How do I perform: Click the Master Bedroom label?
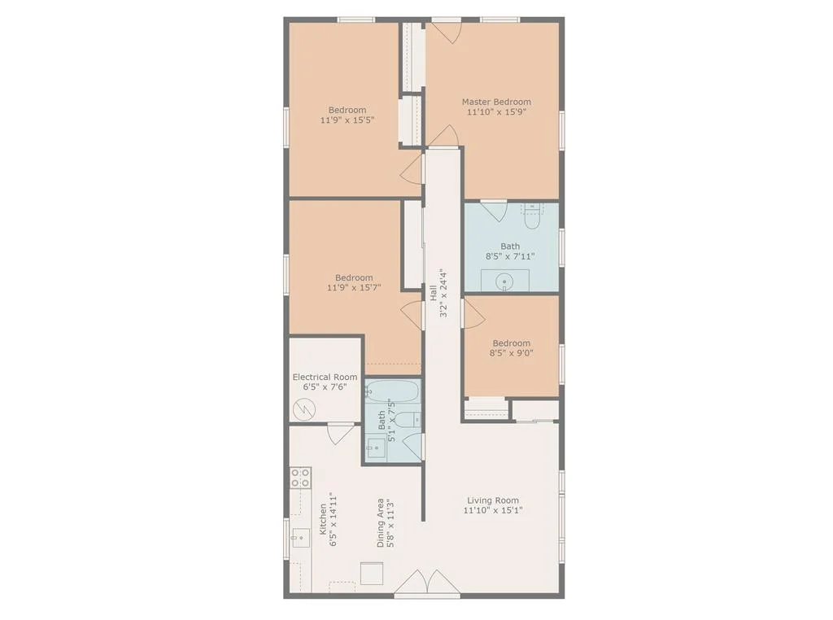[x=496, y=103]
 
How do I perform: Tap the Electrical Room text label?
[x=325, y=378]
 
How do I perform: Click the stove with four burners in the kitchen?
[x=300, y=478]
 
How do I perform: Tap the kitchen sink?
[x=301, y=537]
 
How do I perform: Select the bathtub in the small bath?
[x=392, y=392]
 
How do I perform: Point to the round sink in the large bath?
[x=504, y=282]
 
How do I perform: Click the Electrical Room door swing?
[x=340, y=433]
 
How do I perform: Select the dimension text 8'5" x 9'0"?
[x=511, y=353]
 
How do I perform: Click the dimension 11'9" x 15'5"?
[x=347, y=120]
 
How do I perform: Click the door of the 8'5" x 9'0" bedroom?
[x=472, y=312]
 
